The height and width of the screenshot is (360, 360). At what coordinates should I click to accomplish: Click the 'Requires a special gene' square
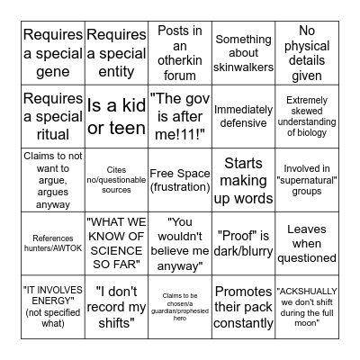click(53, 52)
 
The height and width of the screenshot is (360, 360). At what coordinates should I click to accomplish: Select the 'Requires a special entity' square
click(116, 52)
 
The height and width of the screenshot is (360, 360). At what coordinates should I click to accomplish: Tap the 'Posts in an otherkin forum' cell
click(180, 52)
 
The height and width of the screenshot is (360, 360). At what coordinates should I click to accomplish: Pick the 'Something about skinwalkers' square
click(243, 52)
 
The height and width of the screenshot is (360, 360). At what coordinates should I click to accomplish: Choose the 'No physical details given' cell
click(307, 52)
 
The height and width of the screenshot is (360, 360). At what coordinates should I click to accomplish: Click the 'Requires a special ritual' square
click(53, 115)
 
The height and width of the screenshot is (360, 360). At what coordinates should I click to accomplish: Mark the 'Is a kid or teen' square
click(116, 115)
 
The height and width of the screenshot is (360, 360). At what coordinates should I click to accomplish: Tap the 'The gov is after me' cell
click(180, 115)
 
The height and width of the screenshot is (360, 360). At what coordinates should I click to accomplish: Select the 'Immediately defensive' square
click(243, 115)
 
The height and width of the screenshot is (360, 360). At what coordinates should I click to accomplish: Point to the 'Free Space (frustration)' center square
click(180, 179)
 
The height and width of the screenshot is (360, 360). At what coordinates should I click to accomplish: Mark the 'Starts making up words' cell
click(243, 179)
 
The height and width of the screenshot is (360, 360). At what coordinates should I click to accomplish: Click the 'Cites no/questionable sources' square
click(116, 179)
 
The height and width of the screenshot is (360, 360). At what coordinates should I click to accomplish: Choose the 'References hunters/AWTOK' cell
click(53, 243)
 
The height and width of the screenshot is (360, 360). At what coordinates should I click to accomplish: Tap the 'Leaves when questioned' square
click(307, 243)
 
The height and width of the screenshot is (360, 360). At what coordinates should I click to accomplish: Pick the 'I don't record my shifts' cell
click(116, 307)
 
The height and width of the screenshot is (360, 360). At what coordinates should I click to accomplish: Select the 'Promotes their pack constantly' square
click(243, 307)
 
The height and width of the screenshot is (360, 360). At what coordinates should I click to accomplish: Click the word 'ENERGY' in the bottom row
click(53, 301)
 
